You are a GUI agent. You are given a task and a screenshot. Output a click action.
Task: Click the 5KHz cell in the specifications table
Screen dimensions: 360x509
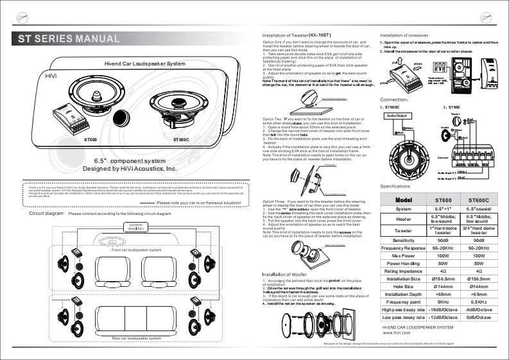click(x=443, y=301)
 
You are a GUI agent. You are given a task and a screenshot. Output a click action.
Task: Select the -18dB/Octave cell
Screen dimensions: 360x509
click(x=443, y=309)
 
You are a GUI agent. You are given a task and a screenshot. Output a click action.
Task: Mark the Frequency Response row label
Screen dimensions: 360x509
click(x=404, y=247)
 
